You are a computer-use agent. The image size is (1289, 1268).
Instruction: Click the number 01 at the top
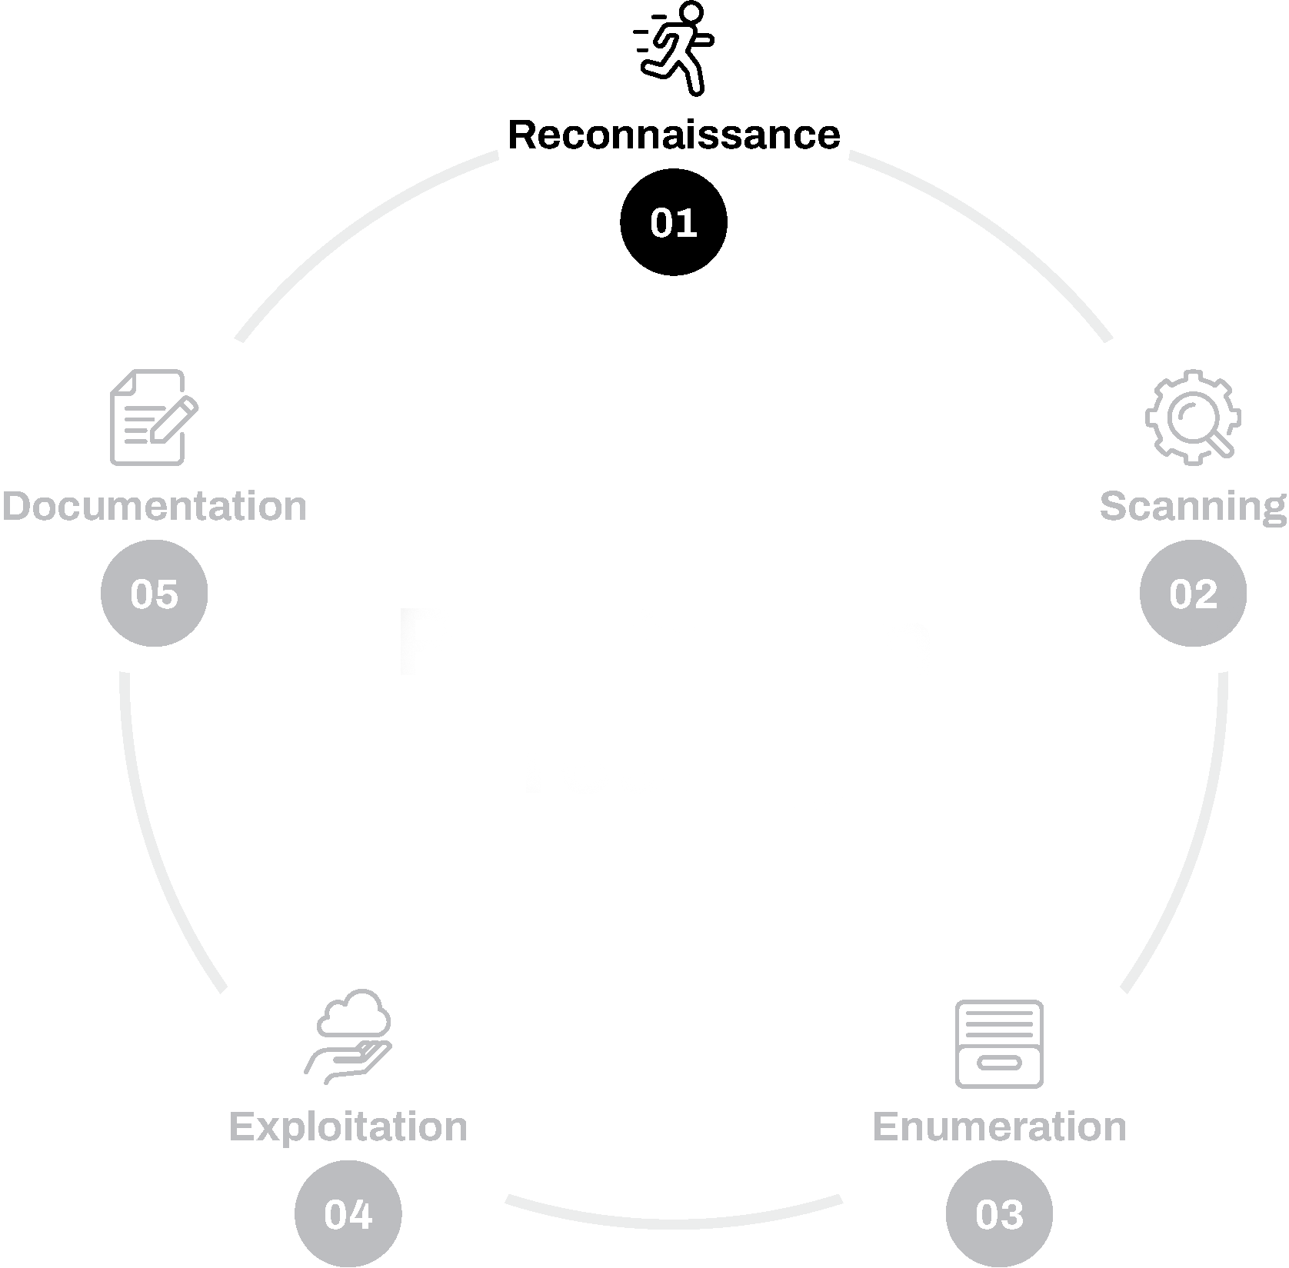click(673, 223)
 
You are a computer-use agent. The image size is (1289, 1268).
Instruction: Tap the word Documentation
click(154, 507)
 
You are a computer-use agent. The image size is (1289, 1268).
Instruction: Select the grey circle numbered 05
click(155, 594)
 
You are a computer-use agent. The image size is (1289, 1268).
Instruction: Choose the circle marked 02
click(1193, 594)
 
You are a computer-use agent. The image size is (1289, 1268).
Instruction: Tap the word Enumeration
click(999, 1127)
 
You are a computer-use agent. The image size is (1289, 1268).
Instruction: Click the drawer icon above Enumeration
click(999, 1044)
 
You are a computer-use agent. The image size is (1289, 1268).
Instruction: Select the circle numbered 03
click(999, 1214)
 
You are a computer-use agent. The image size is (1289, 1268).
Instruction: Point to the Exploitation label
click(348, 1127)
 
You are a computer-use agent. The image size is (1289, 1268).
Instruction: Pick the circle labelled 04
click(348, 1214)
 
